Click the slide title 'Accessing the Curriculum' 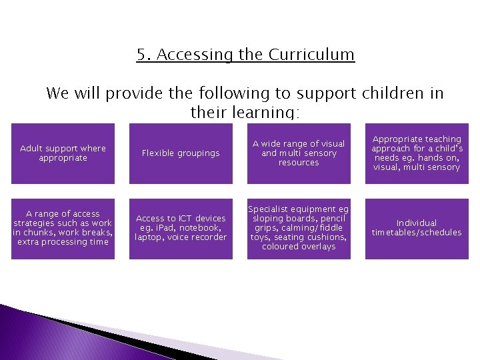point(245,54)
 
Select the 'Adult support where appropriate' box point(63,153)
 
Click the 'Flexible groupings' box point(181,153)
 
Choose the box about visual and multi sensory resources point(299,153)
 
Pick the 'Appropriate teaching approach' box point(417,153)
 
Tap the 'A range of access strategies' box point(63,228)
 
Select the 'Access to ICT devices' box point(181,228)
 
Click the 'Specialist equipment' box point(299,228)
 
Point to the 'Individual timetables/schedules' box point(417,228)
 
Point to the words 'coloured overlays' point(299,247)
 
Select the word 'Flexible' point(158,153)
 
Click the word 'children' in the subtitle point(395,93)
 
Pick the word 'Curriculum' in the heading point(312,54)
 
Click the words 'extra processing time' point(63,242)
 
